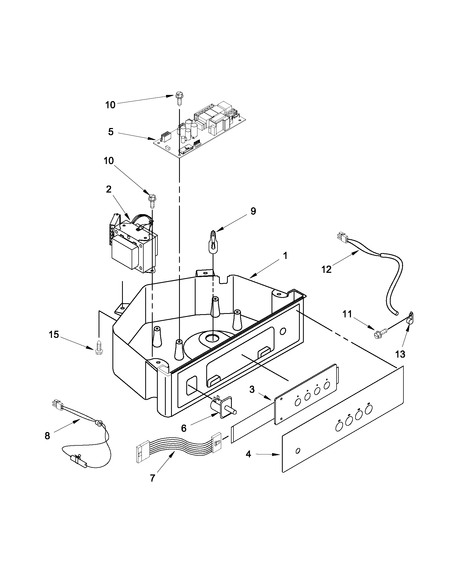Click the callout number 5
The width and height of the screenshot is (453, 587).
point(111,132)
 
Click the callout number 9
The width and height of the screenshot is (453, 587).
point(253,211)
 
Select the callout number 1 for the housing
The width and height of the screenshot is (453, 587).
point(285,255)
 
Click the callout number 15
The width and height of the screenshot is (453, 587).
point(54,335)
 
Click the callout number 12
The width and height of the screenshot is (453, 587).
point(327,269)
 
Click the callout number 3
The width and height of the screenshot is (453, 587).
point(252,389)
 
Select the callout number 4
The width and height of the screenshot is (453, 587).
point(248,454)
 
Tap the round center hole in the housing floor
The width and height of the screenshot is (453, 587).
point(212,338)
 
